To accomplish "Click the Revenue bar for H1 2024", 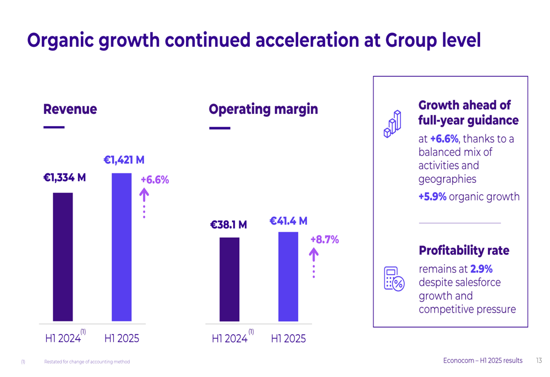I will (x=63, y=256).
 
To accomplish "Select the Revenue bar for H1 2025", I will (x=122, y=247).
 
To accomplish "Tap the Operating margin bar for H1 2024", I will (x=229, y=279).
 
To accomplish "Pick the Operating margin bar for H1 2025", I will (x=288, y=276).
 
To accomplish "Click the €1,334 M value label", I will (x=64, y=178).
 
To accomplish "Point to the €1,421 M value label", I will (x=124, y=160).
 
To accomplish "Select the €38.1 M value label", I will (x=228, y=225).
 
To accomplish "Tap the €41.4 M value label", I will (x=288, y=221).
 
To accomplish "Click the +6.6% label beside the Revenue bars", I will (x=155, y=180).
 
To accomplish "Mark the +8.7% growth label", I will (x=324, y=240).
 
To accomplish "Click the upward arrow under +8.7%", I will (x=313, y=255).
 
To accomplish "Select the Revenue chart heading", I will (x=70, y=109).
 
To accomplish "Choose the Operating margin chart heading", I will (x=263, y=109).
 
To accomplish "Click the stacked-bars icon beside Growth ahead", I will (x=392, y=124).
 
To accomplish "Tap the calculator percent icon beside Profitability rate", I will (x=394, y=278).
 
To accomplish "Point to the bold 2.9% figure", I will (x=481, y=269).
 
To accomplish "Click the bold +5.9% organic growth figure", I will (x=432, y=196).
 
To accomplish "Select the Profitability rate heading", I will (x=464, y=251).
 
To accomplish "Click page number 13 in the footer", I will (x=538, y=360).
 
